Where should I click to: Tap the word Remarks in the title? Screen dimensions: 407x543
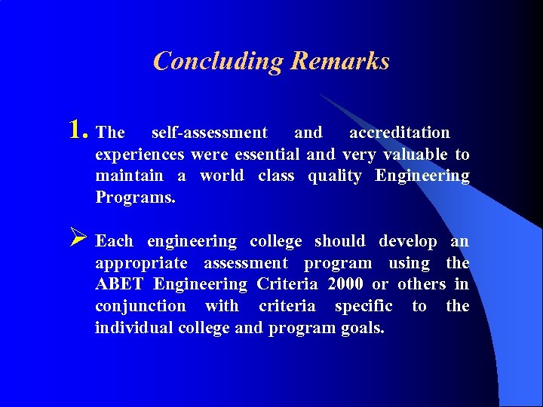(x=339, y=61)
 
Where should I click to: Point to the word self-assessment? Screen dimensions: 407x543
(x=209, y=133)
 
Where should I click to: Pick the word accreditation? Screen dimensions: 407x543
(x=399, y=133)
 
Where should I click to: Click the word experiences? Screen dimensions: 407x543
(x=140, y=155)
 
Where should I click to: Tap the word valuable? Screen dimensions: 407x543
(x=416, y=155)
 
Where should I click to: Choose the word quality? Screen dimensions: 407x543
(x=334, y=176)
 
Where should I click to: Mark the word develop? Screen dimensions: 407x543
(x=407, y=242)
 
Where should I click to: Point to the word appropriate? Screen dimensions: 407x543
(x=141, y=264)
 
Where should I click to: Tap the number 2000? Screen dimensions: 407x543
(x=346, y=285)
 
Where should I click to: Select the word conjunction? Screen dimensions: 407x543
(x=140, y=306)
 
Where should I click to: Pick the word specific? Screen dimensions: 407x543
(x=364, y=306)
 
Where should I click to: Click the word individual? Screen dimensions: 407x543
(x=133, y=328)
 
